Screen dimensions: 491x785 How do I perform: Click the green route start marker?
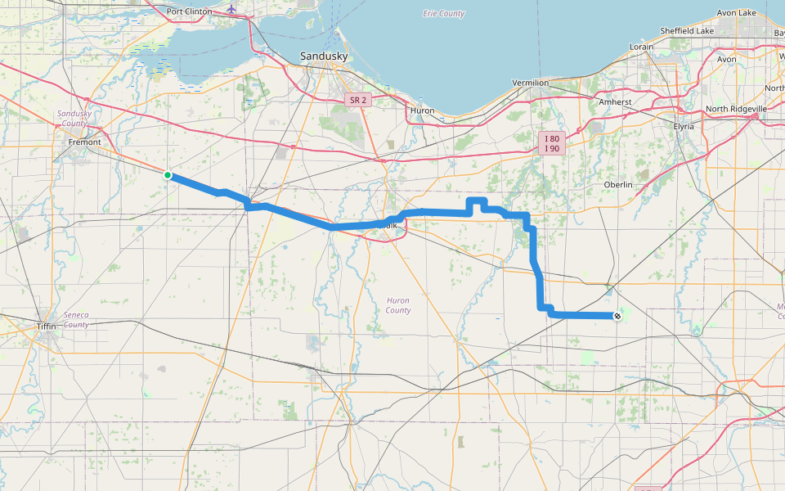[x=168, y=174]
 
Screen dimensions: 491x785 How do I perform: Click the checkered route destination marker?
[x=617, y=316]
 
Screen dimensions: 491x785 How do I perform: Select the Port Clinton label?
[x=189, y=11]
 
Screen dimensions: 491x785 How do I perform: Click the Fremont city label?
[x=84, y=142]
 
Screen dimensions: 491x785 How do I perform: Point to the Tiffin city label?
[x=46, y=326]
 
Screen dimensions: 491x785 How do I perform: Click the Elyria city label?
[x=683, y=126]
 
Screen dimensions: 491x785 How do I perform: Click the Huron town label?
[x=422, y=110]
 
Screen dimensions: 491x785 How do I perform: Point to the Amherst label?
[x=615, y=101]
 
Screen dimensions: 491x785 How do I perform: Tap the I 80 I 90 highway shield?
[x=552, y=144]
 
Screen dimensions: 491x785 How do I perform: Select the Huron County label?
[x=398, y=305]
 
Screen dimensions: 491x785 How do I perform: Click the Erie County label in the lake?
[x=444, y=13]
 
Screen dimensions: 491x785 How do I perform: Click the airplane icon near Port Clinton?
[x=232, y=9]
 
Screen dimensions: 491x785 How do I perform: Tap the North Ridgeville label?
[x=736, y=108]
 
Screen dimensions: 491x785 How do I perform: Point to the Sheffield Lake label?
[x=689, y=31]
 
